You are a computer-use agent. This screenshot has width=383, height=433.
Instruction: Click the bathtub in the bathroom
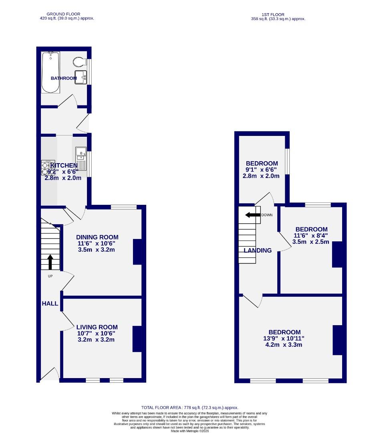[50, 72]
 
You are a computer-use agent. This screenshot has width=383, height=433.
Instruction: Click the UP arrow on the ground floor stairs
[50, 262]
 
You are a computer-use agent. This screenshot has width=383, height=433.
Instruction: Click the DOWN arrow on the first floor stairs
[253, 215]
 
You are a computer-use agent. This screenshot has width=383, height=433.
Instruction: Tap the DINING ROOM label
[98, 237]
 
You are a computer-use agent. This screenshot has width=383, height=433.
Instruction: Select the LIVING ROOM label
[96, 327]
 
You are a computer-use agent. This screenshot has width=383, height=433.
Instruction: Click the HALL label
[50, 304]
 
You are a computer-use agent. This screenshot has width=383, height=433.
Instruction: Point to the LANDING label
[258, 250]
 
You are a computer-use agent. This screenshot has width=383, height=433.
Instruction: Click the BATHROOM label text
[63, 78]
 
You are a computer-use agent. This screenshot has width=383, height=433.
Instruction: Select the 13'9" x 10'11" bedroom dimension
[284, 338]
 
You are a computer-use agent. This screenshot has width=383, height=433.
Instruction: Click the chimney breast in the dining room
[137, 252]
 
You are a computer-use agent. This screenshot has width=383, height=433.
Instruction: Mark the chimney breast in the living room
[137, 339]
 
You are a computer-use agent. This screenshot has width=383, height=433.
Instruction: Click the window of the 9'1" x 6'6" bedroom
[287, 162]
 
